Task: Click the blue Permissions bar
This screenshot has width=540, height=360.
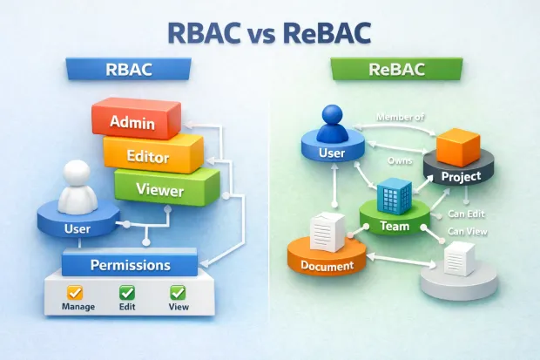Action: pyautogui.click(x=130, y=264)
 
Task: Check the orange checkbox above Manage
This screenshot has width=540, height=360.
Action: pyautogui.click(x=75, y=293)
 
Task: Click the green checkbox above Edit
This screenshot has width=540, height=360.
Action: pyautogui.click(x=127, y=293)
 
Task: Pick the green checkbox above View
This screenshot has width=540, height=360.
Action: pyautogui.click(x=178, y=293)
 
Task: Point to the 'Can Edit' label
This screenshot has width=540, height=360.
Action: pyautogui.click(x=468, y=212)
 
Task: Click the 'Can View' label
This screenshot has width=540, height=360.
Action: pyautogui.click(x=467, y=231)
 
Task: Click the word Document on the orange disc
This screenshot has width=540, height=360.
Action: pyautogui.click(x=327, y=265)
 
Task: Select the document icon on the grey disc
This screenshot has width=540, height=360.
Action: pyautogui.click(x=459, y=258)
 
